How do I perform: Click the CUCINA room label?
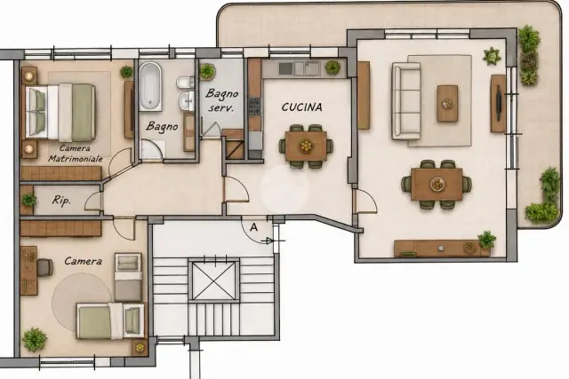pyautogui.click(x=301, y=107)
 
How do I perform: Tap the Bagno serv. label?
pyautogui.click(x=221, y=100)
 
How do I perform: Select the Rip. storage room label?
pyautogui.click(x=61, y=201)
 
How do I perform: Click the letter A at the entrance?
pyautogui.click(x=254, y=227)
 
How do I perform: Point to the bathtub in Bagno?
pyautogui.click(x=150, y=86)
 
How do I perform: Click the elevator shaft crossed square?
pyautogui.click(x=213, y=280)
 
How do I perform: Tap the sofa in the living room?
pyautogui.click(x=406, y=101)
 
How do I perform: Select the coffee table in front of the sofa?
pyautogui.click(x=447, y=104)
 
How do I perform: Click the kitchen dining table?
pyautogui.click(x=306, y=146)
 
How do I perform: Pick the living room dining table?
pyautogui.click(x=437, y=184)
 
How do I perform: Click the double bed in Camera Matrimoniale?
pyautogui.click(x=60, y=113)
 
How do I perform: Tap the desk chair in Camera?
pyautogui.click(x=44, y=267)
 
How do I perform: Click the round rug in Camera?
pyautogui.click(x=82, y=302)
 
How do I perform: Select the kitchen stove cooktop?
pyautogui.click(x=254, y=107)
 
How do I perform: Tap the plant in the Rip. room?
pyautogui.click(x=28, y=200)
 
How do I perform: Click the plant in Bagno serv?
pyautogui.click(x=207, y=71)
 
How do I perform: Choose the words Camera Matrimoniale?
pyautogui.click(x=76, y=154)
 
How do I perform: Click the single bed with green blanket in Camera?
pyautogui.click(x=110, y=321)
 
